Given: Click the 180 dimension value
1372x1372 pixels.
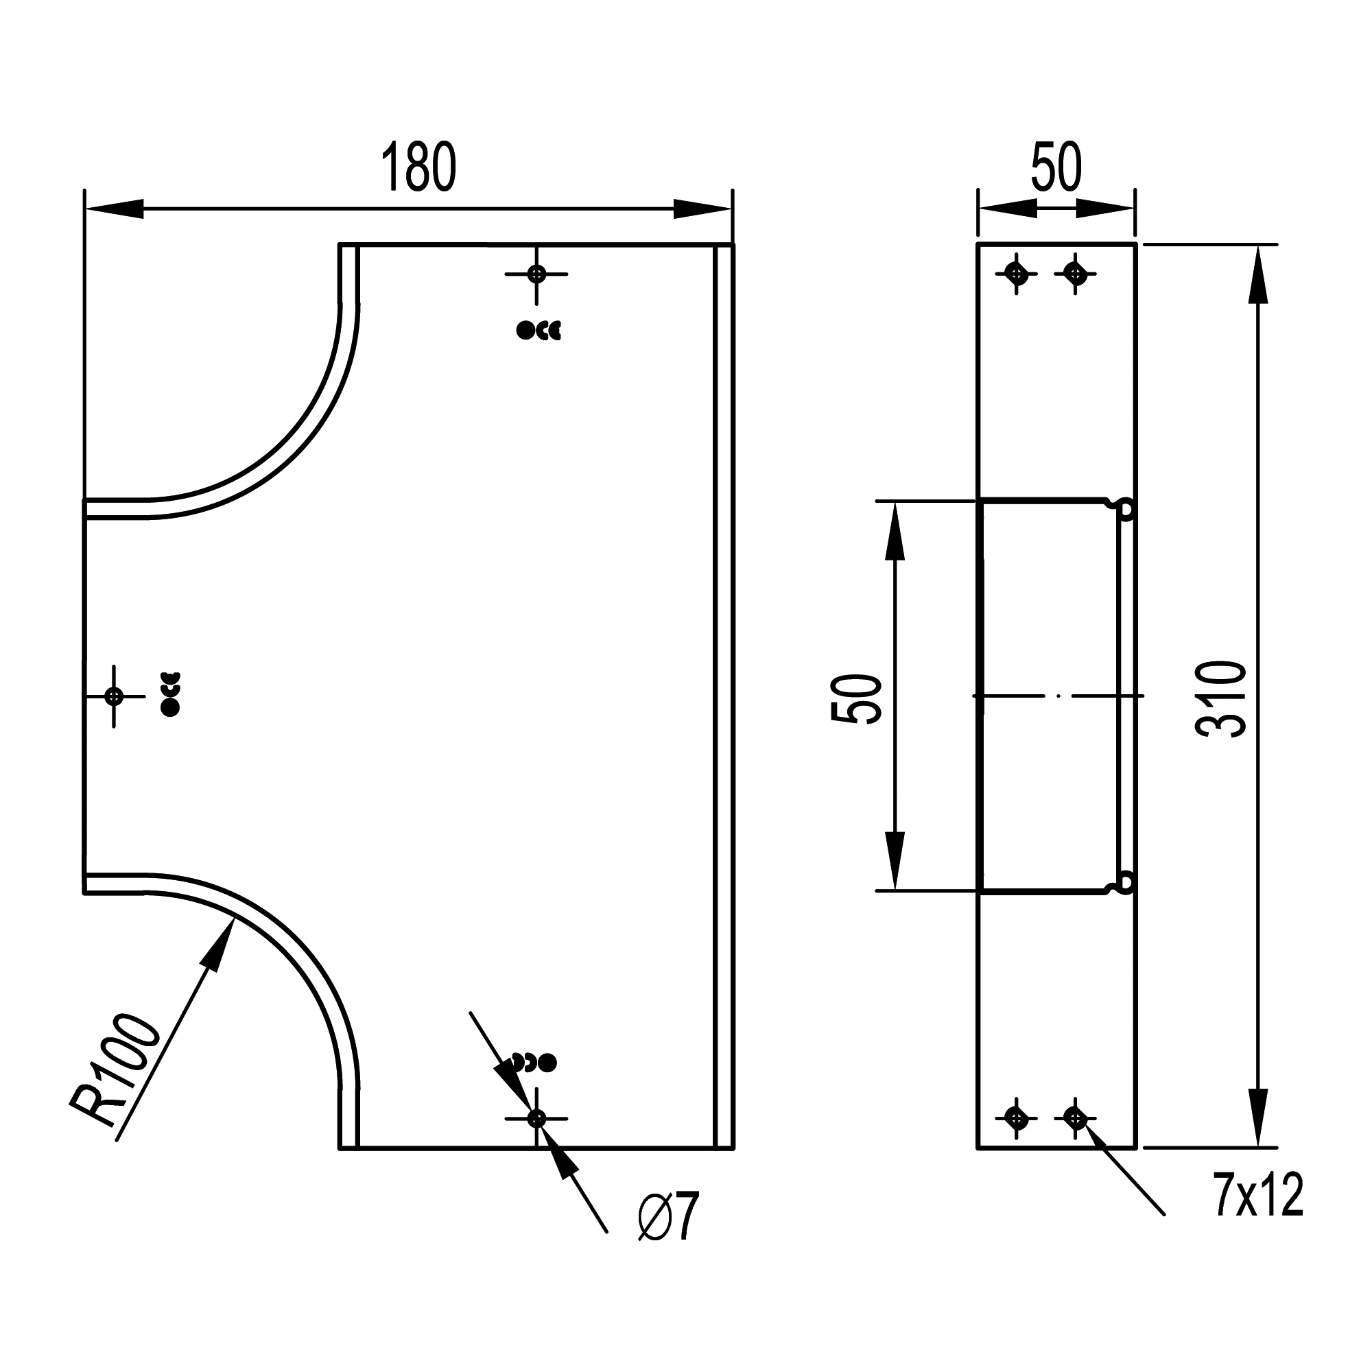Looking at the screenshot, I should pyautogui.click(x=418, y=167).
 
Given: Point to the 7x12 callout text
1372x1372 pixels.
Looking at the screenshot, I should pyautogui.click(x=1257, y=1195).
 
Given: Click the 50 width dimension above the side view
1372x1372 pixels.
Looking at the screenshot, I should pyautogui.click(x=1056, y=167).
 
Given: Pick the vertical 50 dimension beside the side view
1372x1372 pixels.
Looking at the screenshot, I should pyautogui.click(x=856, y=699).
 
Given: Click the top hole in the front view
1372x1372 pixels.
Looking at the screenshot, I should pyautogui.click(x=537, y=274).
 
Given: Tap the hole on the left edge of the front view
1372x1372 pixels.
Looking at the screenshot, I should pyautogui.click(x=114, y=696).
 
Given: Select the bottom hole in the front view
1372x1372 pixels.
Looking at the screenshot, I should pyautogui.click(x=537, y=1118).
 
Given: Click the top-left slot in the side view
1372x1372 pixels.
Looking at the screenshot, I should pyautogui.click(x=1017, y=273).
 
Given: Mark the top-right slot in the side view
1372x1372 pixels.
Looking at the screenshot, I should pyautogui.click(x=1075, y=273).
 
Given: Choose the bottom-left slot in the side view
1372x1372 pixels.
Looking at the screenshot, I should pyautogui.click(x=1017, y=1118).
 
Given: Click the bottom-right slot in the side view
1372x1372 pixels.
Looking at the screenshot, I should pyautogui.click(x=1075, y=1118).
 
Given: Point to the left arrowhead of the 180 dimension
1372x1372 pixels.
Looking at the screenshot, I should pyautogui.click(x=114, y=209).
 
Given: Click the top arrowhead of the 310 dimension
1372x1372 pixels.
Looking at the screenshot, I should pyautogui.click(x=1257, y=274).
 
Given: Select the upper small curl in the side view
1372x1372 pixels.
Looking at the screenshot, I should pyautogui.click(x=1125, y=508).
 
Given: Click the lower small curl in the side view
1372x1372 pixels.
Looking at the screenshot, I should pyautogui.click(x=1125, y=883).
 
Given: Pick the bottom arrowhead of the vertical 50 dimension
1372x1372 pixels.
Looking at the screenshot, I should pyautogui.click(x=895, y=862).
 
